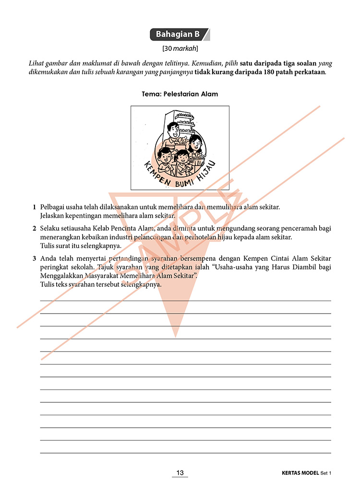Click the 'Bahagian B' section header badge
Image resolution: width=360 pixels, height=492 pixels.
[x=178, y=35]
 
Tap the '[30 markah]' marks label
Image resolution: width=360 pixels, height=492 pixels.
[x=180, y=48]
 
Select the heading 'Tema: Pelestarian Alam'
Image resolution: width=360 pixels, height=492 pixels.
[x=180, y=94]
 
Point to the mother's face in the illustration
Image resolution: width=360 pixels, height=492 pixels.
[x=195, y=142]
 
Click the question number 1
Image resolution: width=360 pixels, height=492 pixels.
[x=35, y=207]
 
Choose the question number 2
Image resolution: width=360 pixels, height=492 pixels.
[x=35, y=228]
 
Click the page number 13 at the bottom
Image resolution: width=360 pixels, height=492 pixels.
[x=180, y=473]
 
